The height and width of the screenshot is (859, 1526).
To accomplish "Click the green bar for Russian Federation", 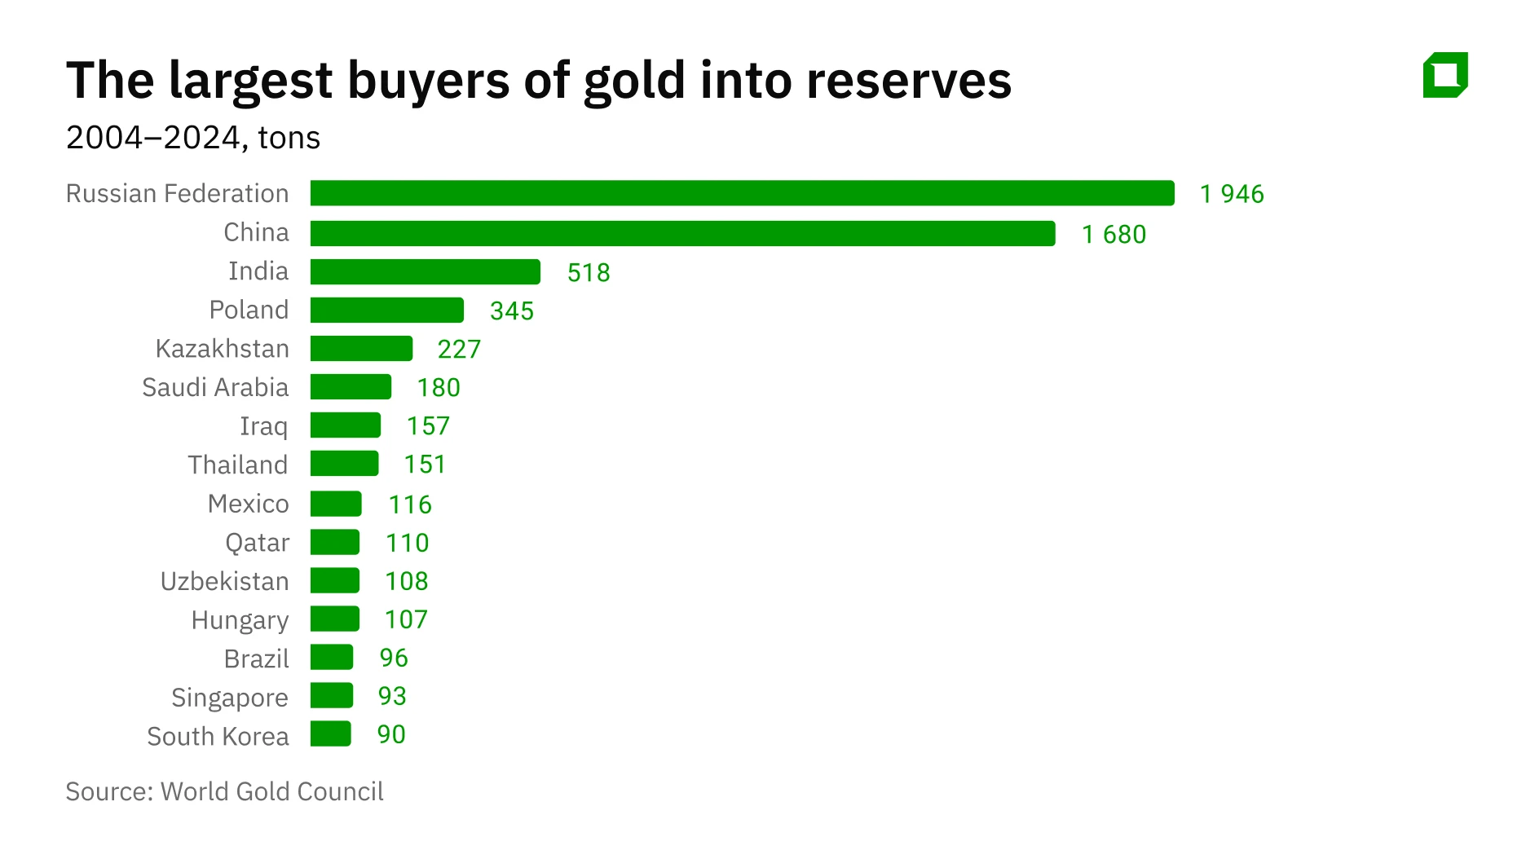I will point(742,193).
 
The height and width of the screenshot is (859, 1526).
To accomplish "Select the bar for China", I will point(682,233).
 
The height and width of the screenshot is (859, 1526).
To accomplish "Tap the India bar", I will point(425,271).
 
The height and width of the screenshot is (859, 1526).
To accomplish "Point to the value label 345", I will point(511,311).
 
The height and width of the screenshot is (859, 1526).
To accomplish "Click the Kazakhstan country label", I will point(222,349).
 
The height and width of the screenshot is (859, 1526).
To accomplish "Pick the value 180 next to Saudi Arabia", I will point(438,387).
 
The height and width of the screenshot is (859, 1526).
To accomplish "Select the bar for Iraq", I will point(345,425).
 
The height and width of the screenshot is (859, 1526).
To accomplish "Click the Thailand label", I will point(237,465).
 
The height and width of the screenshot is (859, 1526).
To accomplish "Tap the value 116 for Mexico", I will point(409,504).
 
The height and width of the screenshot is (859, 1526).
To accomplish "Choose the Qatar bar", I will point(334,542).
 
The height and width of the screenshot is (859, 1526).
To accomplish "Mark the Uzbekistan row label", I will point(224,581).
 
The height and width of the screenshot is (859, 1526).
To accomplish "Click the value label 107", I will point(405,619).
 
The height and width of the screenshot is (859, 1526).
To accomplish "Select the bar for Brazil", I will point(331,657).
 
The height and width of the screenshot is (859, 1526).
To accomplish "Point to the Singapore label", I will point(229,698).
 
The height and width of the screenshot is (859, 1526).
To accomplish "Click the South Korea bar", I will point(330,733).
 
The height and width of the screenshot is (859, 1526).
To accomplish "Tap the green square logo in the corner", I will point(1444,75).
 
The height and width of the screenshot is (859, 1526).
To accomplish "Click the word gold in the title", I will point(634,81).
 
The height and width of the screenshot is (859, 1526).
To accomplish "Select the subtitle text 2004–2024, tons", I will point(193,138).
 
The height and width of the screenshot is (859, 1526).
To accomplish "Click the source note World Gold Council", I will point(271,791).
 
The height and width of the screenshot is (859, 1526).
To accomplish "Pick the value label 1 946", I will point(1231,194).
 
